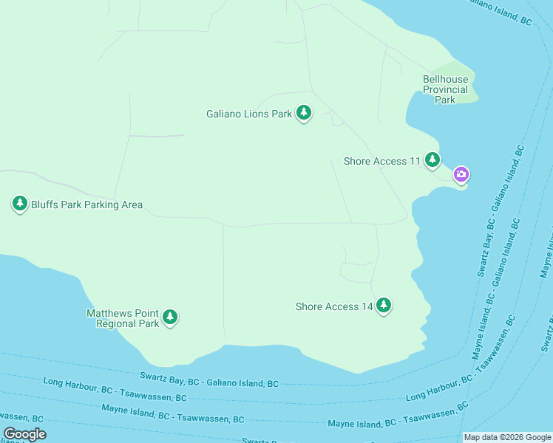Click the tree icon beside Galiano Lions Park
tap(303, 113)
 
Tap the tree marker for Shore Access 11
tap(432, 159)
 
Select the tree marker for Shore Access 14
tap(383, 305)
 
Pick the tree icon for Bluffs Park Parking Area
tap(20, 204)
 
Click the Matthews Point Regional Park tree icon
tap(170, 317)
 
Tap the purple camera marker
tap(461, 175)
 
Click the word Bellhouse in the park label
tap(445, 79)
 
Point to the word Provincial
tap(445, 89)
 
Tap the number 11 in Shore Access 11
tap(414, 161)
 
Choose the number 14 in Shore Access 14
tap(367, 306)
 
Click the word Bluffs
tap(45, 205)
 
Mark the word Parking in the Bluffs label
tap(84, 205)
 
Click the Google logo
tap(24, 434)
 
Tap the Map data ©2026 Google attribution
tap(506, 437)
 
